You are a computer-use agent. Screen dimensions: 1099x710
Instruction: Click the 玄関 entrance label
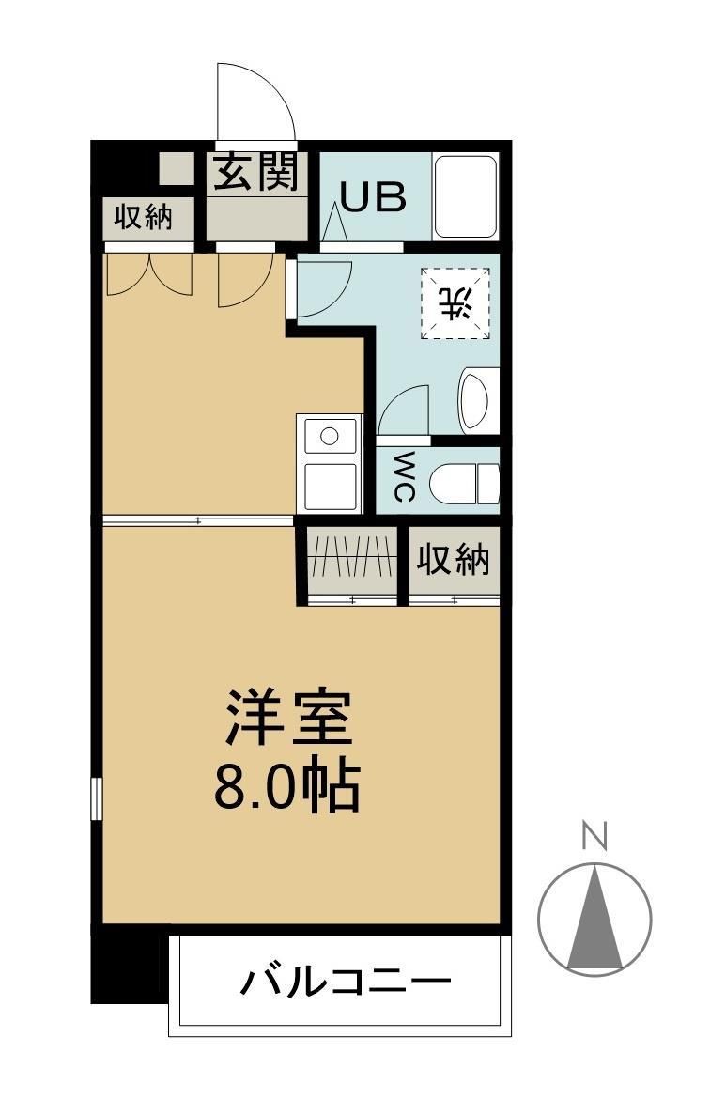tap(255, 173)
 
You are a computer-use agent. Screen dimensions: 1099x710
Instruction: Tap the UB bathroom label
tap(373, 197)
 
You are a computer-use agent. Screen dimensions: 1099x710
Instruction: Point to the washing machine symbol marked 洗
tap(455, 303)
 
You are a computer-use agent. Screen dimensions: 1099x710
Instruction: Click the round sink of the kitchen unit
tap(329, 437)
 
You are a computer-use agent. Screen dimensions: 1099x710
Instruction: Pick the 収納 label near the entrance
tap(144, 218)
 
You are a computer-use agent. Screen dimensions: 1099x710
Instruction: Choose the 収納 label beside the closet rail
tap(454, 561)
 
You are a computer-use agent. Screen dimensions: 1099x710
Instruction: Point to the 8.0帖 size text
tap(287, 787)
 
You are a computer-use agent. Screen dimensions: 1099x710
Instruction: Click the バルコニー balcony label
tap(345, 983)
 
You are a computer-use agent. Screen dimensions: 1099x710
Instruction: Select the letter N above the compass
tap(594, 835)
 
